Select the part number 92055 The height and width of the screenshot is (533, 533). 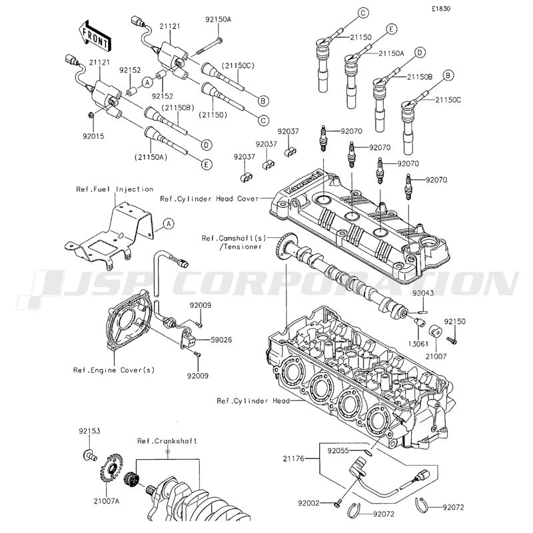[x=338, y=450]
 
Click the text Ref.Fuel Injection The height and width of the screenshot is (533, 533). [x=115, y=189]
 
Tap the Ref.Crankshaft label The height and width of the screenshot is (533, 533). [x=167, y=441]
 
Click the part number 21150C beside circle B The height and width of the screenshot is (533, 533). [x=448, y=100]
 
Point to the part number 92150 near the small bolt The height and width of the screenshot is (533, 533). [x=455, y=321]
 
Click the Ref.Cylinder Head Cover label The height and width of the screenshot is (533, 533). [x=205, y=198]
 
